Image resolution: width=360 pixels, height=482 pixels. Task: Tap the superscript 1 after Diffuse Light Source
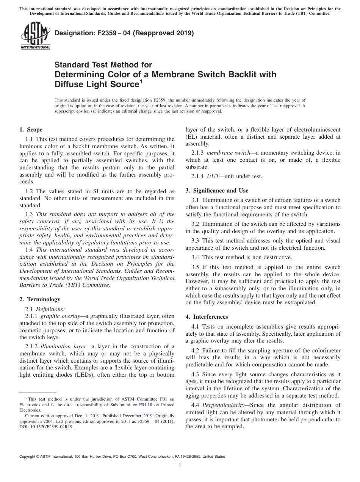tap(141, 81)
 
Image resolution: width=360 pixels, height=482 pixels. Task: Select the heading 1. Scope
tap(31, 130)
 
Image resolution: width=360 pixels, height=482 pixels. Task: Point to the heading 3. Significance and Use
tap(217, 190)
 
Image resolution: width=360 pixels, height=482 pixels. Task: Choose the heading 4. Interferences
tap(207, 316)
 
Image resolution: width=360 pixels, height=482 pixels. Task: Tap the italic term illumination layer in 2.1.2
tap(59, 346)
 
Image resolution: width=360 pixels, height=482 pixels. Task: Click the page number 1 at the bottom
tap(180, 466)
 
